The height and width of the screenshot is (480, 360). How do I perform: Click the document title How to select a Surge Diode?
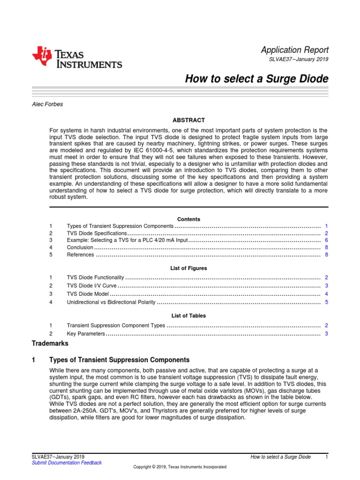pyautogui.click(x=257, y=79)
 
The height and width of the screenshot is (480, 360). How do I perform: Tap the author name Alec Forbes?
pyautogui.click(x=47, y=104)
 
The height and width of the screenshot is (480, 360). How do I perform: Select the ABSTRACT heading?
pyautogui.click(x=188, y=120)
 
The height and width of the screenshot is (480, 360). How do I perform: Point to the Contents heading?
pyautogui.click(x=188, y=219)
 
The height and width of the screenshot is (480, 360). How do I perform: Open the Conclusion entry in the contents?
pyautogui.click(x=80, y=247)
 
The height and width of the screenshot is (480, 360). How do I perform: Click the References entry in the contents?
pyautogui.click(x=81, y=255)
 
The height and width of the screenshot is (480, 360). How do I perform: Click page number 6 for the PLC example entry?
pyautogui.click(x=326, y=240)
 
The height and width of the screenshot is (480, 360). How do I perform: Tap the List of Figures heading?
pyautogui.click(x=188, y=268)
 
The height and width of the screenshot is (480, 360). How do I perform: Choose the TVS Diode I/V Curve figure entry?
pyautogui.click(x=91, y=285)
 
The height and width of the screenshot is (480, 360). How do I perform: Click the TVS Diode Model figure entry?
pyautogui.click(x=88, y=294)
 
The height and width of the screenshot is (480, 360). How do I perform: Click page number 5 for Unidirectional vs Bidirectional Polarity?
pyautogui.click(x=326, y=302)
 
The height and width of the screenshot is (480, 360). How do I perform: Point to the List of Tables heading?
pyautogui.click(x=188, y=316)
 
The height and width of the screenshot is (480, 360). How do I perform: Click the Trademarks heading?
pyautogui.click(x=50, y=344)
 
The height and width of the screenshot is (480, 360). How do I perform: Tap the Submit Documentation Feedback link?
pyautogui.click(x=66, y=463)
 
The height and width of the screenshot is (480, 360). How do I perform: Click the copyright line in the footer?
pyautogui.click(x=180, y=467)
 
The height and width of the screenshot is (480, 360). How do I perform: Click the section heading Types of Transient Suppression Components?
pyautogui.click(x=119, y=360)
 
